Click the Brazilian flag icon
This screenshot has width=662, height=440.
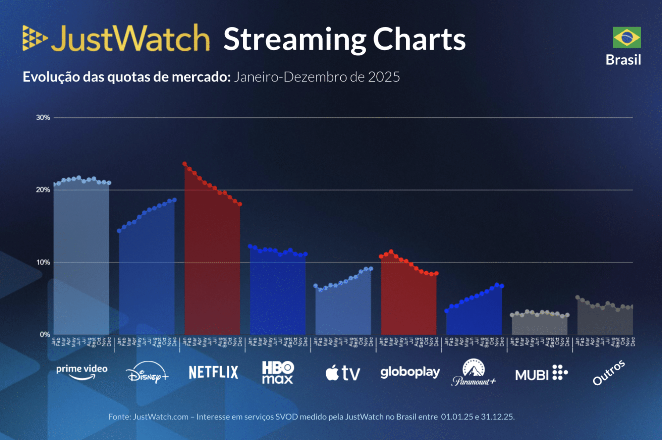click(626, 37)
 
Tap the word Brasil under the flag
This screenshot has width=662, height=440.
click(623, 60)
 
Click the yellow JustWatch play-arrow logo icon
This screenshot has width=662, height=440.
click(35, 38)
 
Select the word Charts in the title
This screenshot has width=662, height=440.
click(419, 39)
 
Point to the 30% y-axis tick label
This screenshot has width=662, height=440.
click(43, 118)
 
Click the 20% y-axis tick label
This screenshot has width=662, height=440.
click(43, 190)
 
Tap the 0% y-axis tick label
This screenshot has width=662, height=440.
click(45, 334)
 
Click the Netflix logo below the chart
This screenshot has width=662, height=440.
click(214, 372)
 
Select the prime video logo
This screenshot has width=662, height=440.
click(81, 372)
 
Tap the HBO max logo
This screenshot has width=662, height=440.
click(278, 372)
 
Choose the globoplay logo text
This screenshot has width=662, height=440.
click(410, 372)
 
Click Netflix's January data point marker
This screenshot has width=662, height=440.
click(185, 164)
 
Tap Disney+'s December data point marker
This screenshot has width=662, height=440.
click(174, 200)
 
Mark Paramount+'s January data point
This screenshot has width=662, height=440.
click(447, 311)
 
